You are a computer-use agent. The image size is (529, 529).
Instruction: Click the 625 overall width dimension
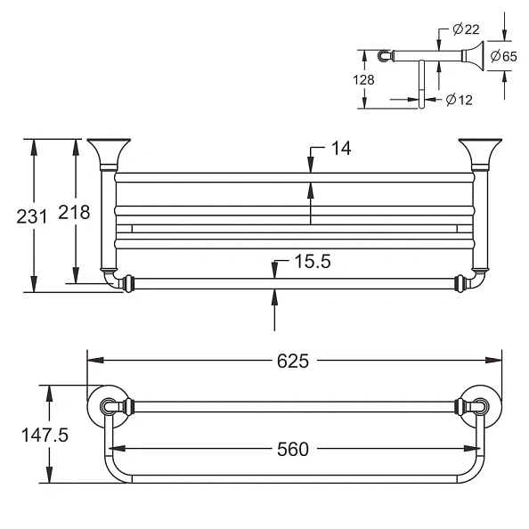(x=292, y=361)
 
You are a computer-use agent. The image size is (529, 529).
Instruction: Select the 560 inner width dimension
(x=292, y=449)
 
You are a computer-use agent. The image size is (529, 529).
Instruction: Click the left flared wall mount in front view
(x=109, y=154)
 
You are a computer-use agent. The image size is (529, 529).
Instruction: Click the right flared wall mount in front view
(x=478, y=154)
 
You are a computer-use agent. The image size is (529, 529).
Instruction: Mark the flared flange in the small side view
(x=473, y=56)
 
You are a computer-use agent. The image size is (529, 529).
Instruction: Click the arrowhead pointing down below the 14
(x=311, y=167)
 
